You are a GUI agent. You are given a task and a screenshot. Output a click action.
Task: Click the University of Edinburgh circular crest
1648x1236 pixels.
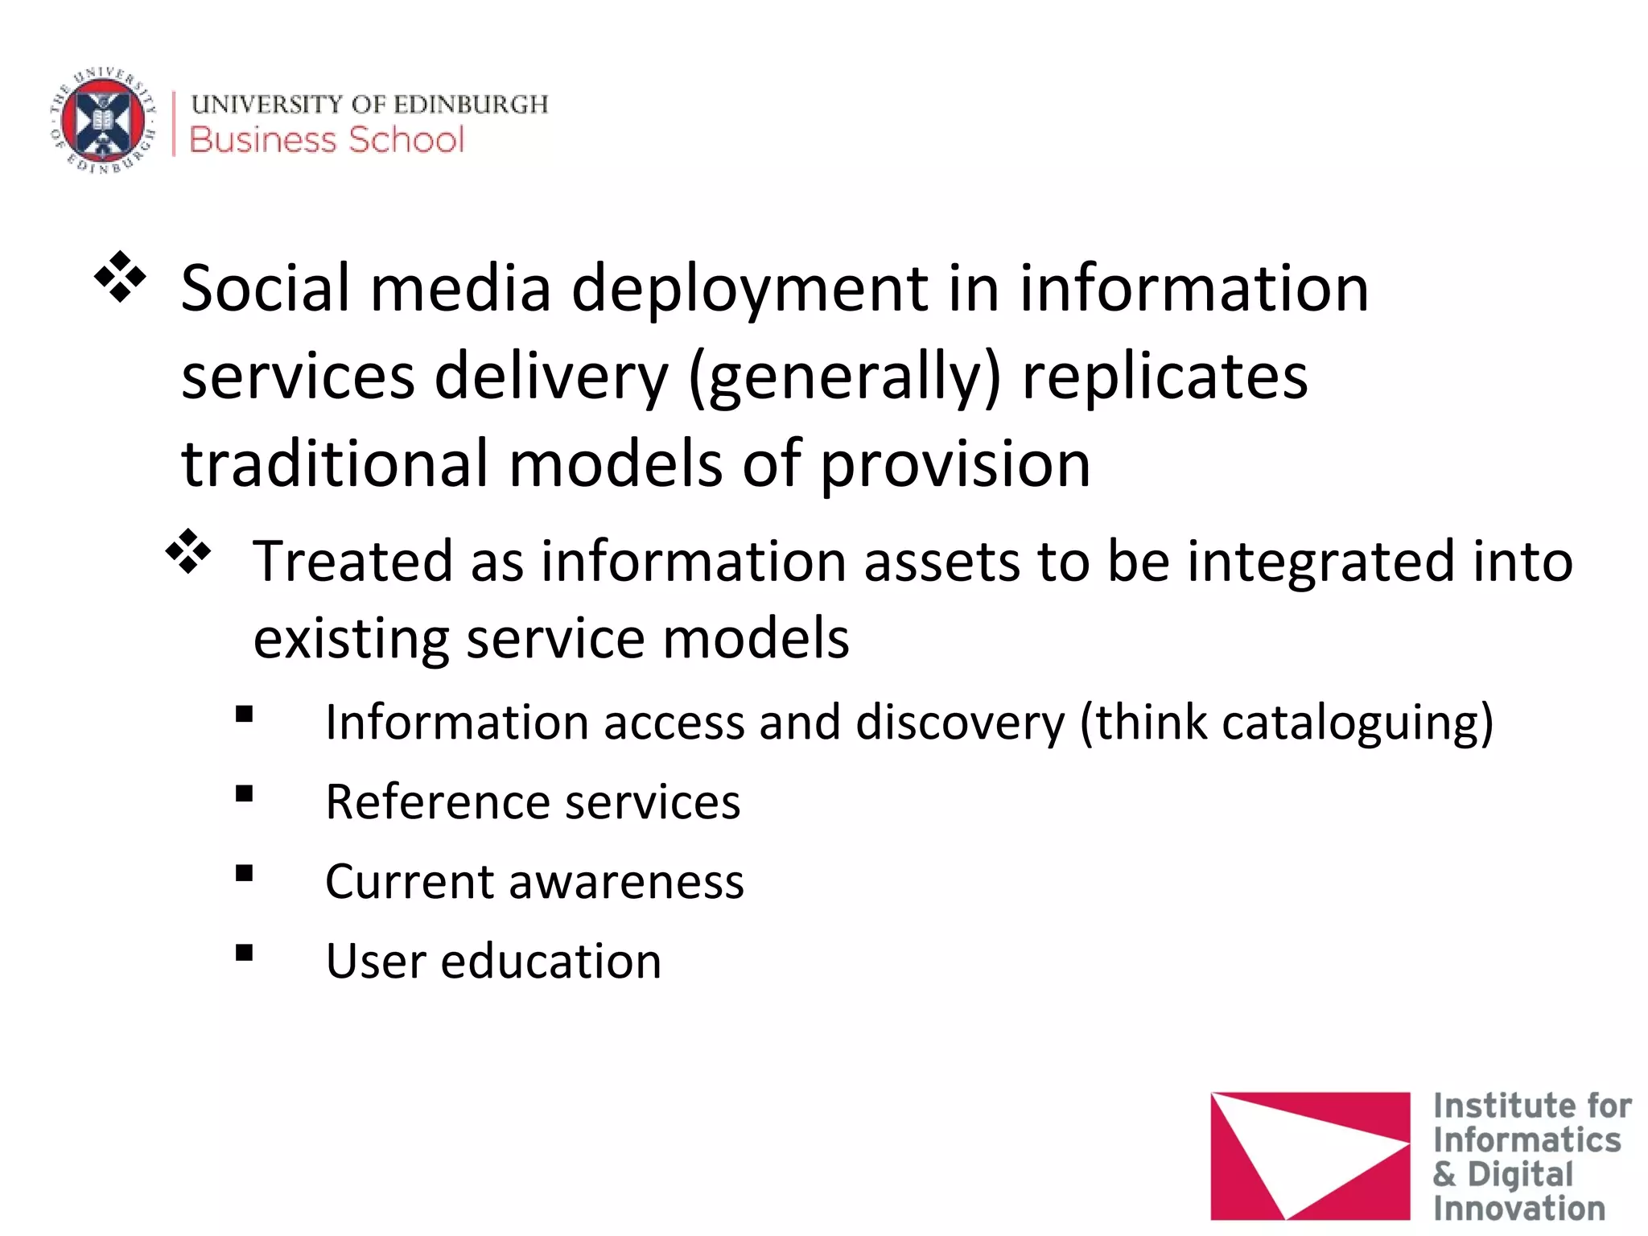tap(103, 121)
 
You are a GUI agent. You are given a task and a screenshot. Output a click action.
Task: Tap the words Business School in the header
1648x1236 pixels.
tap(327, 140)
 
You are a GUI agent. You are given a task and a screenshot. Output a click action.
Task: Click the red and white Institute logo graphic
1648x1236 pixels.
tap(1309, 1155)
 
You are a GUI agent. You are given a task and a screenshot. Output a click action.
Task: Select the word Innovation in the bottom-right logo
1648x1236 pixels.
tap(1518, 1209)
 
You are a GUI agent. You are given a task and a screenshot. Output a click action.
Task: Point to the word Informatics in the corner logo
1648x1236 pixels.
tap(1526, 1140)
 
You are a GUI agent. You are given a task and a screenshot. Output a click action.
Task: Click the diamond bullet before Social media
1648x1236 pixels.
tap(121, 278)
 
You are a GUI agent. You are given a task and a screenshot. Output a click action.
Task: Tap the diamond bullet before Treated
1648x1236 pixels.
tap(188, 551)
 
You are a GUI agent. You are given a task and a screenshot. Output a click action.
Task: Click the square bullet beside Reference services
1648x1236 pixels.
tap(245, 794)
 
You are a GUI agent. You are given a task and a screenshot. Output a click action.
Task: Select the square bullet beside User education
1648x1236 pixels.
tap(245, 954)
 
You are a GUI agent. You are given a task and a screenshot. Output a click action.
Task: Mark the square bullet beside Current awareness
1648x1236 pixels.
tap(245, 874)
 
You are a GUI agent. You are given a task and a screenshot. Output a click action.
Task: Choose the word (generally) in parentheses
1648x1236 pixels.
tap(845, 378)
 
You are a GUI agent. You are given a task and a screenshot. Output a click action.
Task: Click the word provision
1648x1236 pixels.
tap(955, 465)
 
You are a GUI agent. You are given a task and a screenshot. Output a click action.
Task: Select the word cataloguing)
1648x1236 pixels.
tap(1357, 723)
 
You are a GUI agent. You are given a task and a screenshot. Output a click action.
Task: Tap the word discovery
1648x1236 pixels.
tap(960, 723)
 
